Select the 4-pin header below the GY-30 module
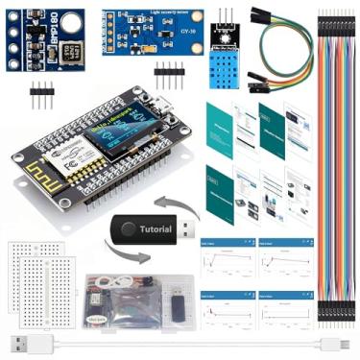coord(169,71)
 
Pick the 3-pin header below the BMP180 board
coord(42,95)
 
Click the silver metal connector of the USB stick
coord(189,230)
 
